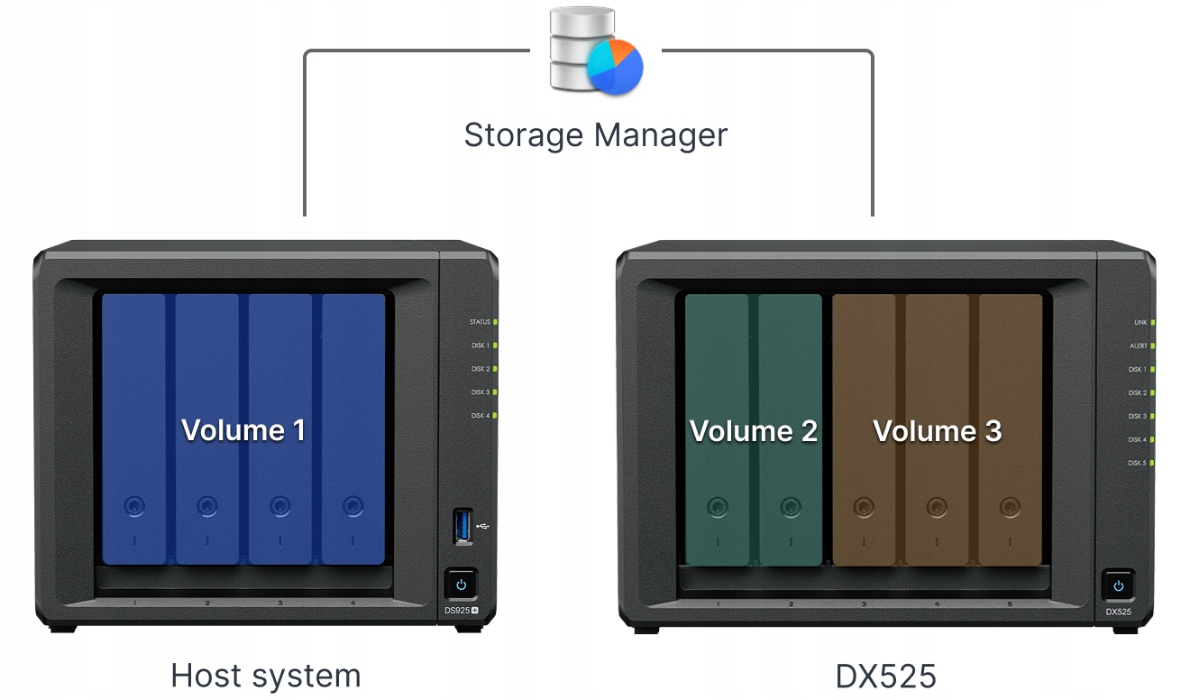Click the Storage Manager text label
595,135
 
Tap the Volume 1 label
243,430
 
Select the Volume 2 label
754,431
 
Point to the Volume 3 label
938,431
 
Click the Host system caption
266,676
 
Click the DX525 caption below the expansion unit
885,676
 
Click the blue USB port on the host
462,526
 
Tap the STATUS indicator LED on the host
496,322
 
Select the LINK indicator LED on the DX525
1153,322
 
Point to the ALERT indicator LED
1153,345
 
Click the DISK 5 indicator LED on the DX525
1153,463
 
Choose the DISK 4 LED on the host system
496,416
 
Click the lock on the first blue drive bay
133,506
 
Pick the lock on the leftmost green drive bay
717,506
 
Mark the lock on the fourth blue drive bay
352,506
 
